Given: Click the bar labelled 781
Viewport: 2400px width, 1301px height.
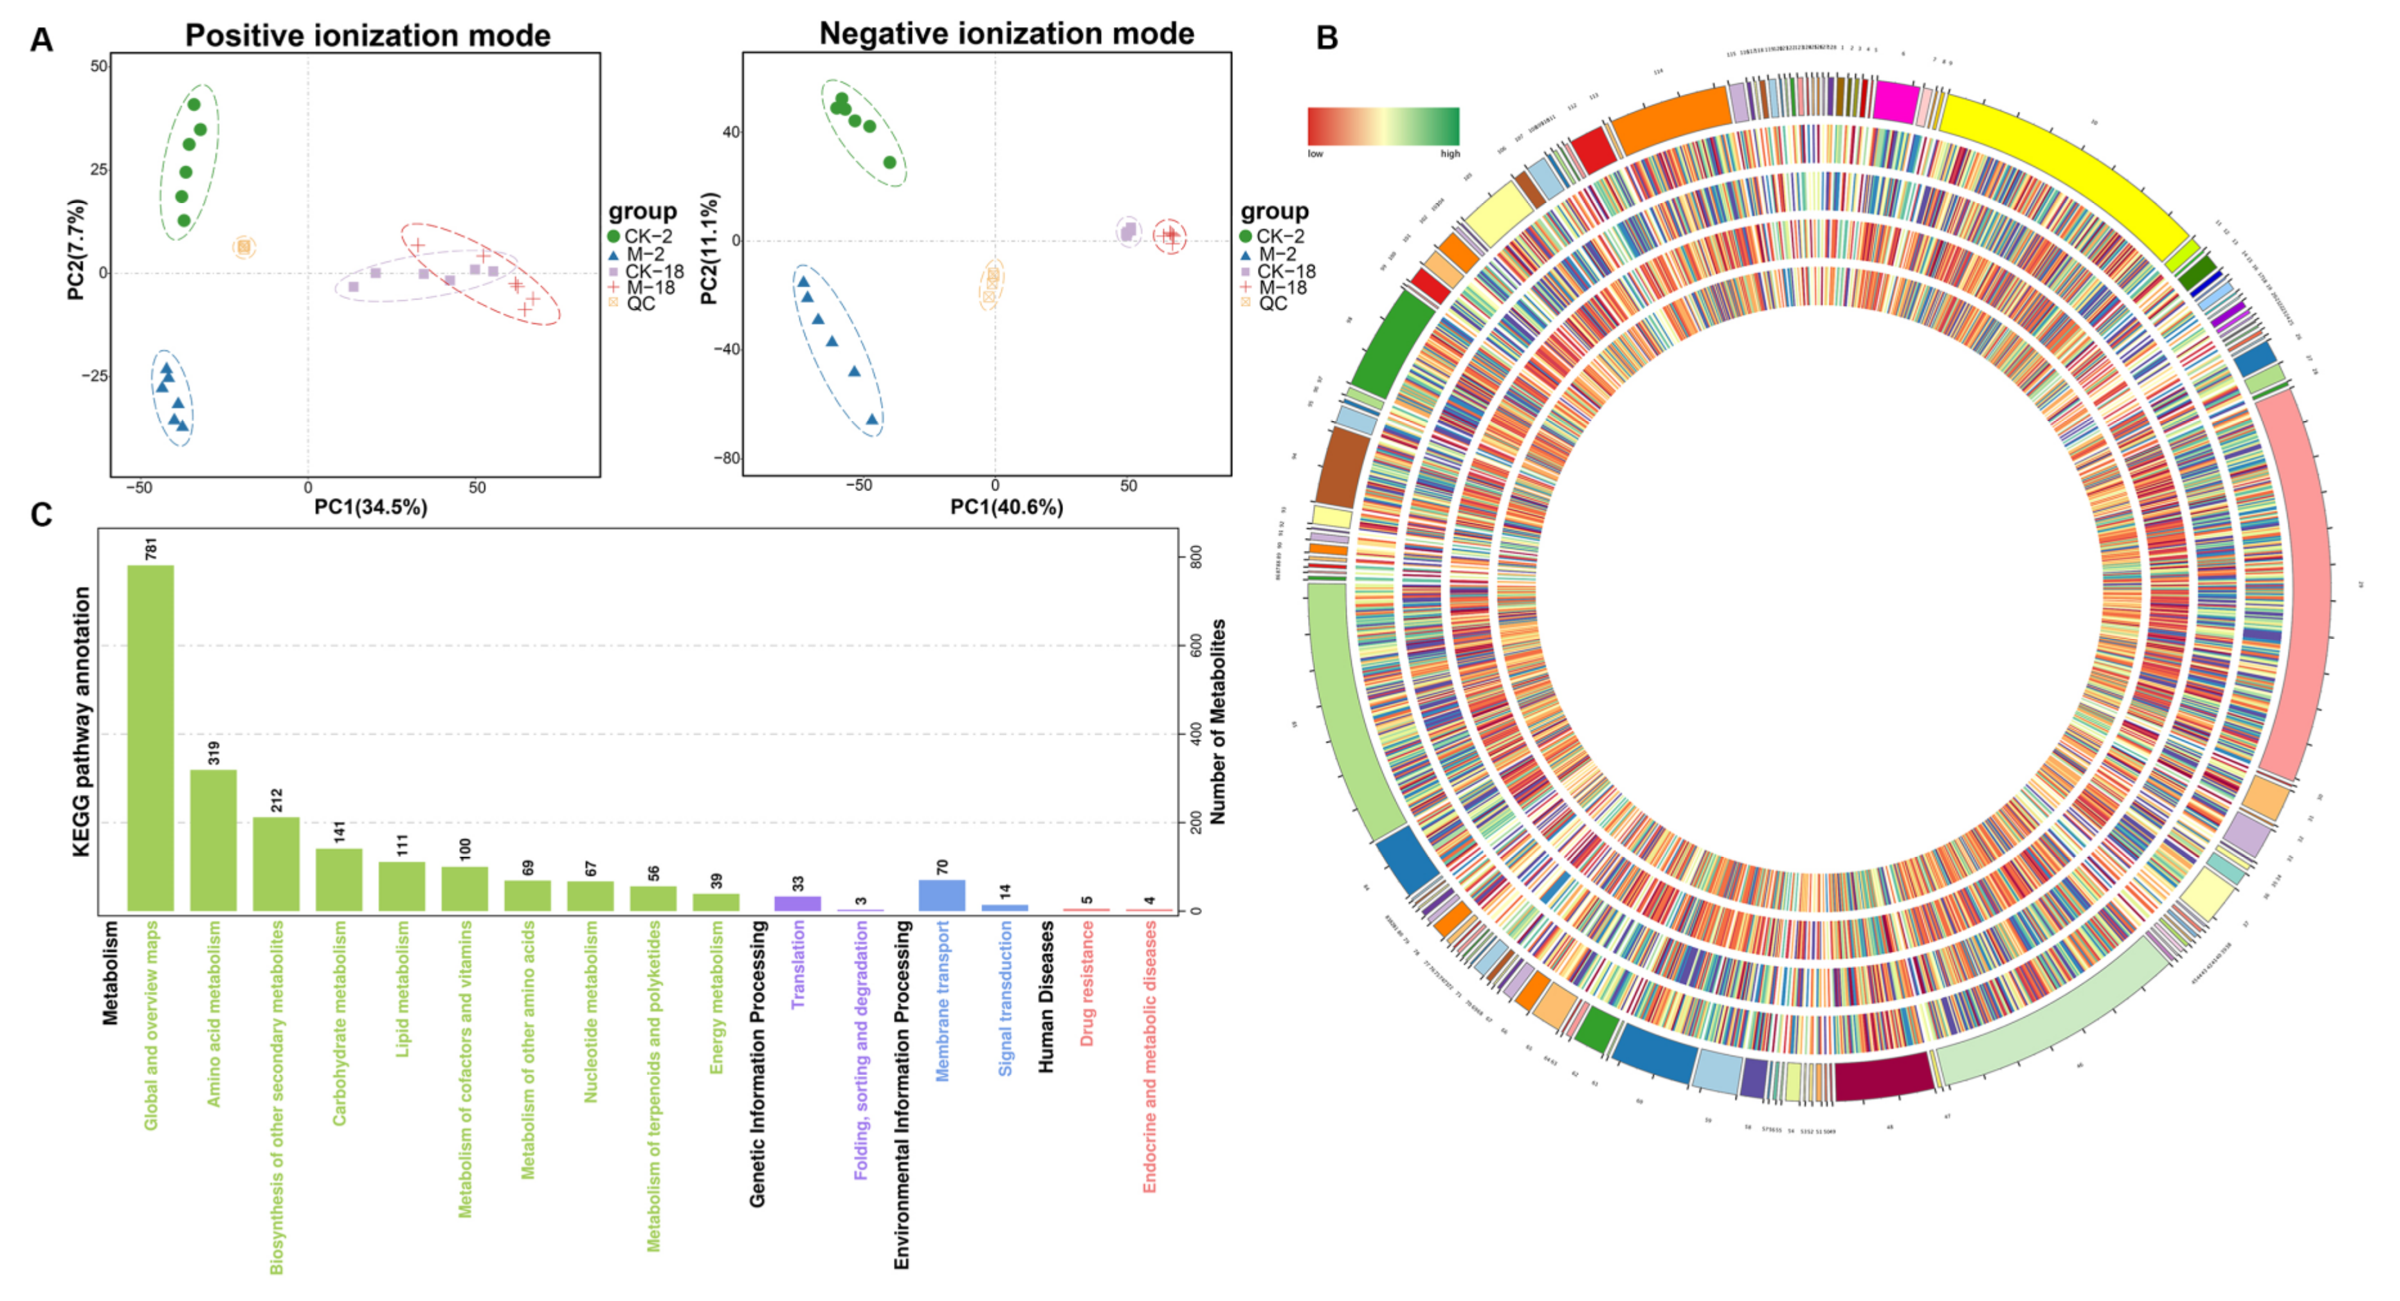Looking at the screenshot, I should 150,737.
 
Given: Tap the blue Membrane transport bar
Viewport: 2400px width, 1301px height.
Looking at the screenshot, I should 942,895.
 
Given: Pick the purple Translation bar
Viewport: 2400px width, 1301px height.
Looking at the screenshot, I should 797,902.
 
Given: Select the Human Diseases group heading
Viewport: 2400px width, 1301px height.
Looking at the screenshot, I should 1046,996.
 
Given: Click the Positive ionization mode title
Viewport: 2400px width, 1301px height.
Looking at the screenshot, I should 367,35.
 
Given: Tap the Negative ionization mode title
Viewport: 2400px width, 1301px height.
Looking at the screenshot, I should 1006,33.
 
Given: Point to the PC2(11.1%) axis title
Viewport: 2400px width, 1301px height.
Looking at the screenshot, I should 709,249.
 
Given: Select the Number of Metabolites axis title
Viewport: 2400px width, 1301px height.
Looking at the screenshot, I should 1218,722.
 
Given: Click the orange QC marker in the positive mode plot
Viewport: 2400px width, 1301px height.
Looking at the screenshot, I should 244,247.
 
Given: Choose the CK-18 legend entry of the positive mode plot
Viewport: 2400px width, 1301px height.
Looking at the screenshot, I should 652,271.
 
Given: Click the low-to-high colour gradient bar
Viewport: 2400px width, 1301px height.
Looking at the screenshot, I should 1383,126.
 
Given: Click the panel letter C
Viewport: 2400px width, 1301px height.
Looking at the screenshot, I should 41,515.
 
